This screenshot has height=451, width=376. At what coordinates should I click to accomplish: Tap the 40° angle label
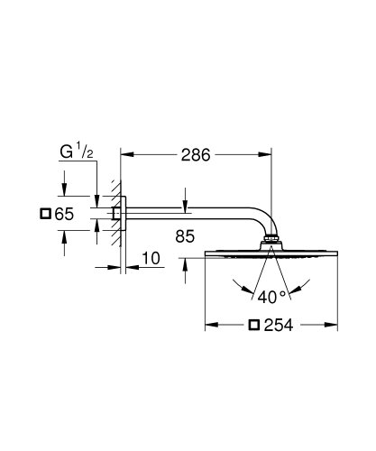[x=271, y=294]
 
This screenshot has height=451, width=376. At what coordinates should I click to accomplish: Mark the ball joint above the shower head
[x=271, y=242]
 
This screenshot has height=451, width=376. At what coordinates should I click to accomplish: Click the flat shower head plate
[x=271, y=256]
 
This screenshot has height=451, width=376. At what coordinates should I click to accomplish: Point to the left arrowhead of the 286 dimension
[x=126, y=155]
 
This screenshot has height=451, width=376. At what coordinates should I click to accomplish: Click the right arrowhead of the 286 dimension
[x=267, y=155]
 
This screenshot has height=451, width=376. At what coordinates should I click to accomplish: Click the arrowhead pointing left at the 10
[x=128, y=267]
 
